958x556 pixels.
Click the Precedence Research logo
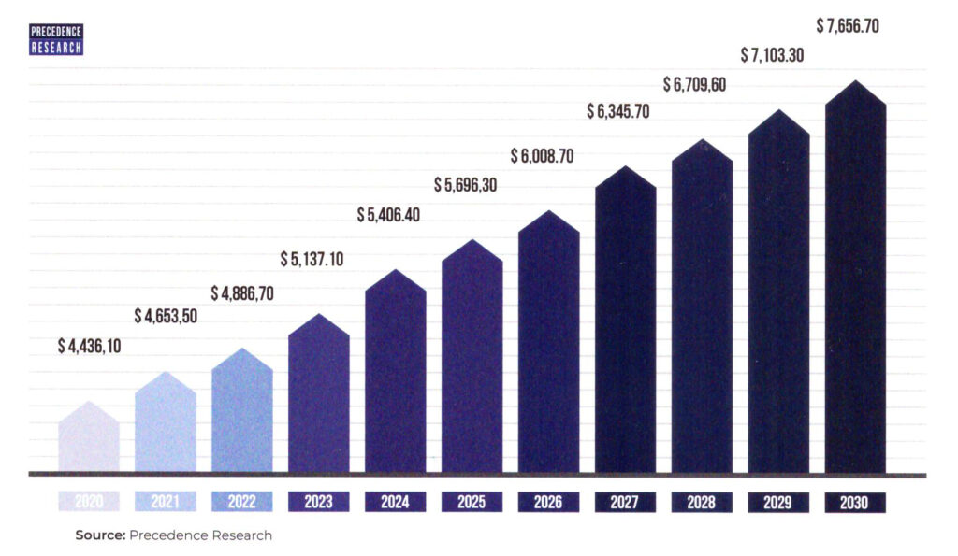[x=57, y=39]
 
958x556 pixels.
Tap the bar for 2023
[x=319, y=397]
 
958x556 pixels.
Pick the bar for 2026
[x=549, y=346]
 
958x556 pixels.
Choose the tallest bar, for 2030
[x=855, y=280]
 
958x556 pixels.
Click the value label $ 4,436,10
[x=90, y=347]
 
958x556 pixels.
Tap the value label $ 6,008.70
[x=543, y=156]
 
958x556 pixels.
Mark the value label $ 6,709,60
[x=695, y=85]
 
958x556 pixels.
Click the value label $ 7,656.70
[x=848, y=26]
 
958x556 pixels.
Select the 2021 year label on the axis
[x=166, y=503]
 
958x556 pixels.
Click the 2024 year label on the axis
[x=395, y=503]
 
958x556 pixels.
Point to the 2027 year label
[x=625, y=503]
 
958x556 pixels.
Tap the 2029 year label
[x=778, y=503]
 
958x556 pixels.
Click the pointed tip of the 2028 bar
[x=703, y=141]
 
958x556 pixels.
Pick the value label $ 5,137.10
[x=312, y=259]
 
